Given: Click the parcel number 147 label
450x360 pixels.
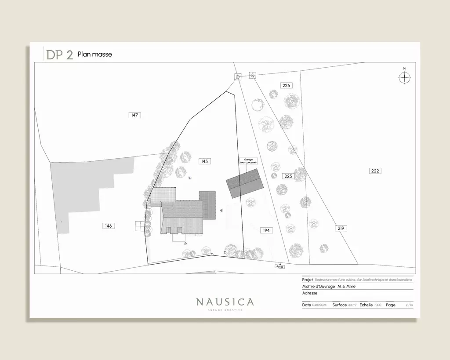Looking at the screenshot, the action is point(134,115).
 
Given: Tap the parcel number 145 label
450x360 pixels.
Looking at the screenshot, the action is point(204,161).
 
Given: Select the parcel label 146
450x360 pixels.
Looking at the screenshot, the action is point(108,226).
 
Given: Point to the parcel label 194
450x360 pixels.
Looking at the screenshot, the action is point(266,230).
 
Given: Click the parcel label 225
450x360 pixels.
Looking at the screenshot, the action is point(288,176).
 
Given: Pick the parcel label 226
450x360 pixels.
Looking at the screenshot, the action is point(286,85).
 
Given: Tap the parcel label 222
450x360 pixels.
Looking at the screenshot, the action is point(375,171).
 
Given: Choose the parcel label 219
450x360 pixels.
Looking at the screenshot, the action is point(341,228).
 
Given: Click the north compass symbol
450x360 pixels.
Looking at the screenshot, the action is point(404,77).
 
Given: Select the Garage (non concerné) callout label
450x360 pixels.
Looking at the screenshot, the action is point(248,161).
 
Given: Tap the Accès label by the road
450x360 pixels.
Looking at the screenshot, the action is point(280,267).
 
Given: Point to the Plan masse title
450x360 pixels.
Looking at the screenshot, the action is point(95,55).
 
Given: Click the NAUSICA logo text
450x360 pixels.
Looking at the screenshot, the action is point(225,302).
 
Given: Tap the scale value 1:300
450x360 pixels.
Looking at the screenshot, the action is point(377,305).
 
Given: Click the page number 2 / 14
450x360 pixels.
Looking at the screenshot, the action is point(409,305).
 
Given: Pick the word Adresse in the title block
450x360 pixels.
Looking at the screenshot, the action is point(310,293).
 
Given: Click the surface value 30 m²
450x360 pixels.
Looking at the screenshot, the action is point(352,305).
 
